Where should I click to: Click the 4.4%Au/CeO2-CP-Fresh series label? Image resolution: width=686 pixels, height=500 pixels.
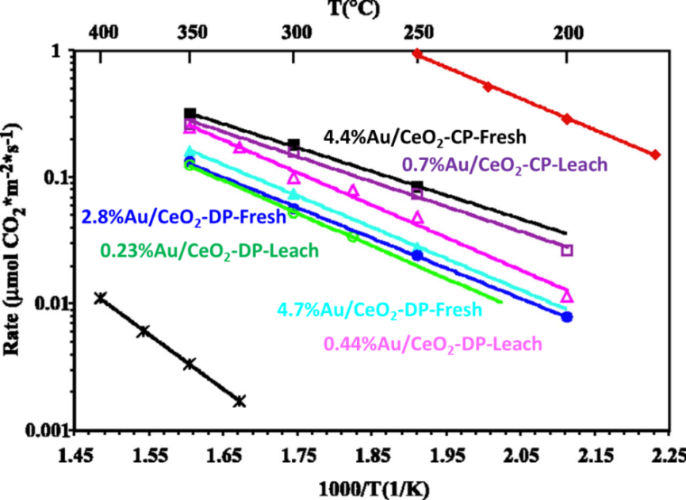425,136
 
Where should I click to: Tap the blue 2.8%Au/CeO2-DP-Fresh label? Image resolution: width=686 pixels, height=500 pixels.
183,216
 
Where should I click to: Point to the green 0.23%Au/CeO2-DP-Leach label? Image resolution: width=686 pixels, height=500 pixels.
209,250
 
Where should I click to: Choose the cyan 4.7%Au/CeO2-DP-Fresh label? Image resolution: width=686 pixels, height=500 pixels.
378,309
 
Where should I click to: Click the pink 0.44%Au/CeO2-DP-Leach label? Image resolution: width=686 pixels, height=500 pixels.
433,344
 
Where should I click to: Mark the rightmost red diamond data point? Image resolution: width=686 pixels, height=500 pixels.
655,155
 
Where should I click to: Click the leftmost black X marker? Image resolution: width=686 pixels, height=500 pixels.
100,298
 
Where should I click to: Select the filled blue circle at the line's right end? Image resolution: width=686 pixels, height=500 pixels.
566,317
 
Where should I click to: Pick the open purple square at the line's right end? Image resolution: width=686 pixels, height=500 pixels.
566,250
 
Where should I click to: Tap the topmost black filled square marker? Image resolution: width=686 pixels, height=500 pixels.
190,114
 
